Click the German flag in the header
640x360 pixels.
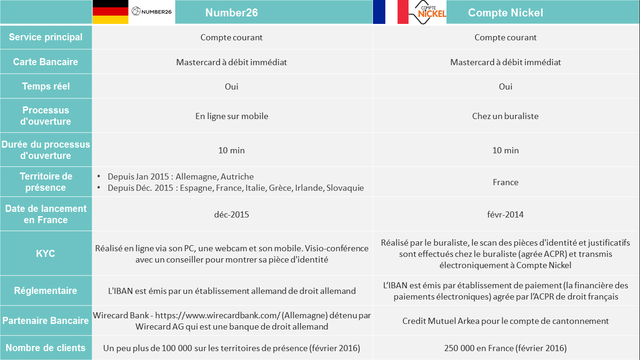click(110, 12)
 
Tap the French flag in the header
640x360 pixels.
click(391, 12)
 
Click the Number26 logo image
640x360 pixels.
click(152, 11)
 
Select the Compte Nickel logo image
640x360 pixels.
click(428, 12)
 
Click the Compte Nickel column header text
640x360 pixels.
click(506, 13)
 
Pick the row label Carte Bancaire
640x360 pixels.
click(45, 62)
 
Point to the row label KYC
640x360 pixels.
click(45, 254)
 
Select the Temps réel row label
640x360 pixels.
click(45, 86)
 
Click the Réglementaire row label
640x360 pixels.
click(45, 291)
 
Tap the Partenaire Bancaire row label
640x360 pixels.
click(45, 321)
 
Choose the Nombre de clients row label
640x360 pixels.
click(45, 348)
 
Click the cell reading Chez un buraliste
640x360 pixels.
click(505, 116)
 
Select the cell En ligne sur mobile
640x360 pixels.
click(231, 116)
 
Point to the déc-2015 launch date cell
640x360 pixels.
click(231, 215)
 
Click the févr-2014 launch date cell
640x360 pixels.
click(505, 215)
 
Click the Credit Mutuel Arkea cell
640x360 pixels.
click(505, 321)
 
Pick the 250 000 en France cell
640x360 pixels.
click(505, 348)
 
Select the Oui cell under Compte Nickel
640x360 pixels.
click(505, 87)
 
